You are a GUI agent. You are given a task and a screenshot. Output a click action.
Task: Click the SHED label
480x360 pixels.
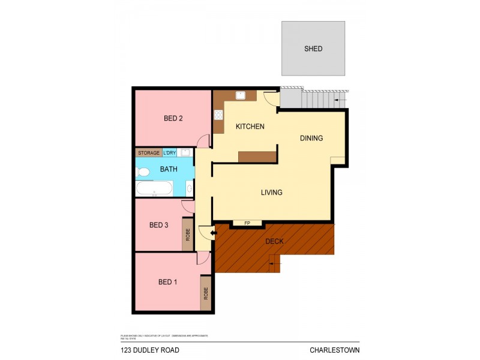(x=313, y=49)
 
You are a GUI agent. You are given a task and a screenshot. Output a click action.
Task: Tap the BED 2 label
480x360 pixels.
(x=173, y=118)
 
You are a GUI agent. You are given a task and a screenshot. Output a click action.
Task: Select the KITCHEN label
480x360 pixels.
(x=250, y=127)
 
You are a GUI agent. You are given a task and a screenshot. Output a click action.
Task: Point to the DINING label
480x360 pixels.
(x=311, y=138)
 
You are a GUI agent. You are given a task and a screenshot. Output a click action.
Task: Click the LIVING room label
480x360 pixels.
(x=271, y=193)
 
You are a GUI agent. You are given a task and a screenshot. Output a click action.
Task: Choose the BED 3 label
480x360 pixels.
(x=158, y=225)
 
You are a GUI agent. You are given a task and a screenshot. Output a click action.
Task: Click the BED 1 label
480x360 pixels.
(x=167, y=281)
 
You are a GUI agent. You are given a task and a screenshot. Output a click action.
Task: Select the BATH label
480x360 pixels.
(x=169, y=169)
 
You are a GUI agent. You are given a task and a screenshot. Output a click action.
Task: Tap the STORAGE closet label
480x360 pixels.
(x=149, y=153)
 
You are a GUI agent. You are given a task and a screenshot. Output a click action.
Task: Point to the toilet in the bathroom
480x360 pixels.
(x=143, y=172)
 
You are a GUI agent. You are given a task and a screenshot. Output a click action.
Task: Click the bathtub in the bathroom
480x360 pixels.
(x=154, y=190)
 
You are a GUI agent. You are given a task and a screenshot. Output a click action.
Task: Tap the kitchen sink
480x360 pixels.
(x=241, y=95)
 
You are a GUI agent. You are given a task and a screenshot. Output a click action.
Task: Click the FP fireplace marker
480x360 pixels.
(x=247, y=223)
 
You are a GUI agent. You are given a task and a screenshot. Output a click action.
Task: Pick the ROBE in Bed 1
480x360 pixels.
(x=206, y=293)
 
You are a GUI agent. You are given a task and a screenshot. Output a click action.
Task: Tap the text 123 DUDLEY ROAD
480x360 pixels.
(x=149, y=350)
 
